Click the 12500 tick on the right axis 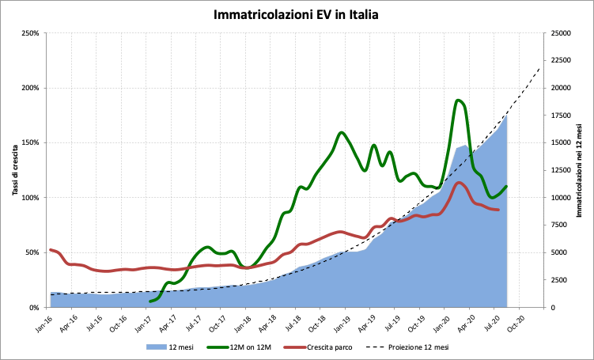[560, 170]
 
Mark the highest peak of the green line [459, 100]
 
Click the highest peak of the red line [460, 183]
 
